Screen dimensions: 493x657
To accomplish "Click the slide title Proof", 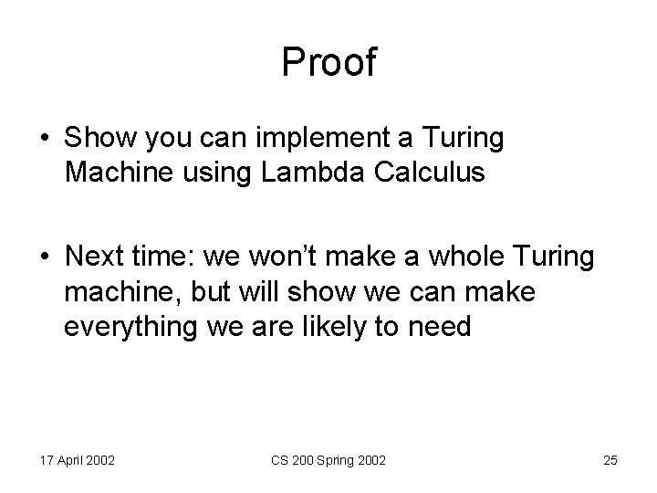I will pyautogui.click(x=328, y=62).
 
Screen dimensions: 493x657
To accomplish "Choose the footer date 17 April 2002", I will pyautogui.click(x=77, y=460).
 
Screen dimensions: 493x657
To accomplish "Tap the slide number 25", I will pyautogui.click(x=610, y=460).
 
